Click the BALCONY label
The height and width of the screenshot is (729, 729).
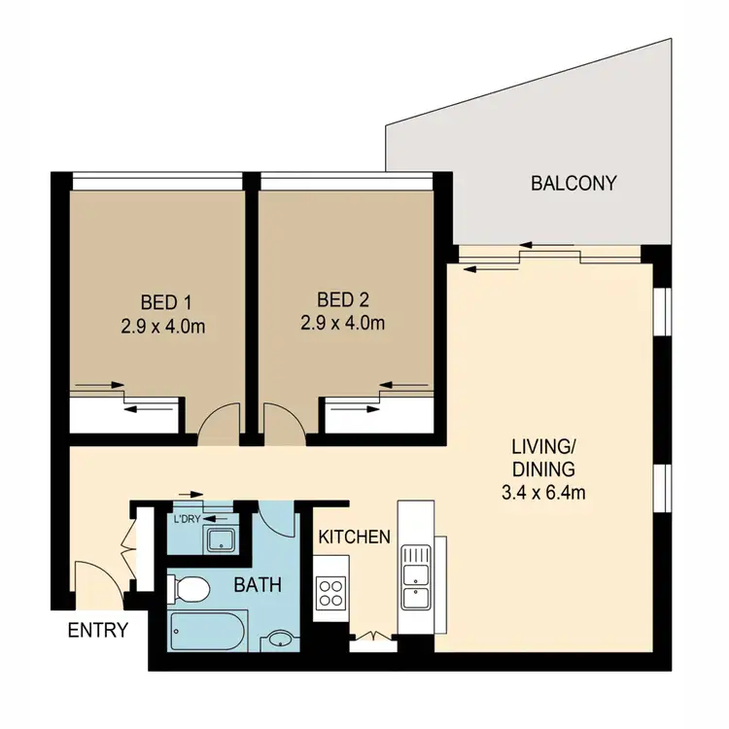[x=573, y=183]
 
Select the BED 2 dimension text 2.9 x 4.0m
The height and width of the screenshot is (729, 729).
[x=345, y=323]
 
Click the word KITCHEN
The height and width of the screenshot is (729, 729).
[x=355, y=537]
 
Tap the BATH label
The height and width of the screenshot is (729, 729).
[x=257, y=585]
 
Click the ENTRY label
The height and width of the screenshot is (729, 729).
[x=97, y=630]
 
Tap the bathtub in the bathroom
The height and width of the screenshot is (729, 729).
[x=207, y=633]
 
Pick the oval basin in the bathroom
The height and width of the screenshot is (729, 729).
[x=282, y=639]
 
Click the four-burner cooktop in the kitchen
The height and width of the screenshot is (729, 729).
[x=330, y=592]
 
